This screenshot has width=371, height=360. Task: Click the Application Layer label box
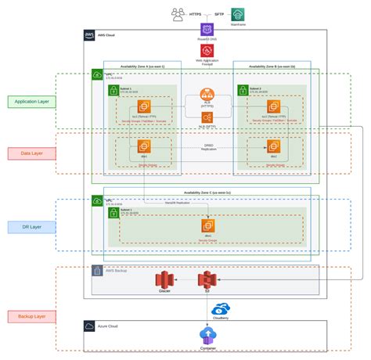[31, 101]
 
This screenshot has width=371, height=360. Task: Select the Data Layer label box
[31, 153]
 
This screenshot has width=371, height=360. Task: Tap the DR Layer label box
[31, 226]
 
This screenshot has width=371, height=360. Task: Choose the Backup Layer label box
[31, 316]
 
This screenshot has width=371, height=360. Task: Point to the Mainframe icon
[237, 14]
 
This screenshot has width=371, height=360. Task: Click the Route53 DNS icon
[207, 30]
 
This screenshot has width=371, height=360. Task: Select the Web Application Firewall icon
[207, 50]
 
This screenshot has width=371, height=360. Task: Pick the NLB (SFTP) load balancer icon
[207, 117]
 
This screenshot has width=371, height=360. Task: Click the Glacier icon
[164, 279]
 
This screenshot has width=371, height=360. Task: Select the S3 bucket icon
[207, 279]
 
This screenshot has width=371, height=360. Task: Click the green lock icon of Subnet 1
[114, 91]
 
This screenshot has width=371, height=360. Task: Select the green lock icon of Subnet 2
[242, 91]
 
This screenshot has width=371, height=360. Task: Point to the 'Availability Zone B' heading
[267, 67]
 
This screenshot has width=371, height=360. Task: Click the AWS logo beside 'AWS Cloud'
[90, 35]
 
